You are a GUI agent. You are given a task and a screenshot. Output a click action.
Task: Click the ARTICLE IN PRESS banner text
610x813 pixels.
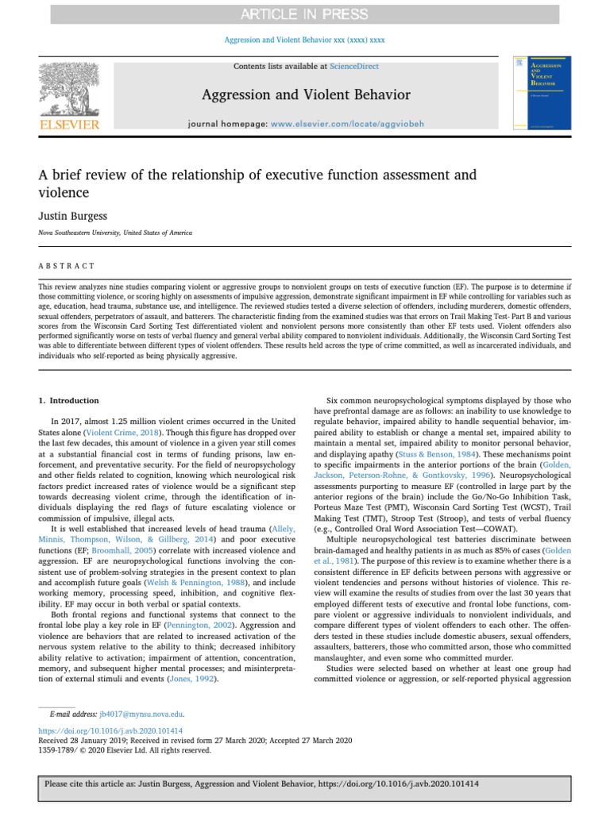(x=305, y=14)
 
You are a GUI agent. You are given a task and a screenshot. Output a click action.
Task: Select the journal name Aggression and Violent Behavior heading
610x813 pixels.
(x=305, y=96)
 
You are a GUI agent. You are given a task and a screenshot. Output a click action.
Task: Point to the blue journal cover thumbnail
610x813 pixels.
(x=542, y=92)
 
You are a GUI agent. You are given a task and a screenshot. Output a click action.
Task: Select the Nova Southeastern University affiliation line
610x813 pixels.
(x=114, y=233)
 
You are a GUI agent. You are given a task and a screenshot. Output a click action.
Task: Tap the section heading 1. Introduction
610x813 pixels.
(x=69, y=401)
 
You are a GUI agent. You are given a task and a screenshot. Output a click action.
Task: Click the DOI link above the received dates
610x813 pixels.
(x=111, y=730)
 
